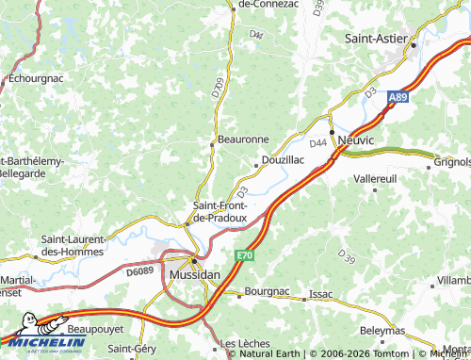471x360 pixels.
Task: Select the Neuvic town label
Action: coord(355,139)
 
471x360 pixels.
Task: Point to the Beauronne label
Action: coord(244,139)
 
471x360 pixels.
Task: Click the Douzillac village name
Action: coord(283,160)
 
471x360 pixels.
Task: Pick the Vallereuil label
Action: coord(375,177)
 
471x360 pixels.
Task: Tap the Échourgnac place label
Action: coord(33,80)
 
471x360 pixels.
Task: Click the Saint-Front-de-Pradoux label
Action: coord(219,212)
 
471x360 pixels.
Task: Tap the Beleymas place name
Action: coord(383,331)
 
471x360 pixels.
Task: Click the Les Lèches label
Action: coord(241,343)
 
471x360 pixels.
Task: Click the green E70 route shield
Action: coord(245,255)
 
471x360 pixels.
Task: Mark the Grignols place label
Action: coord(453,161)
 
